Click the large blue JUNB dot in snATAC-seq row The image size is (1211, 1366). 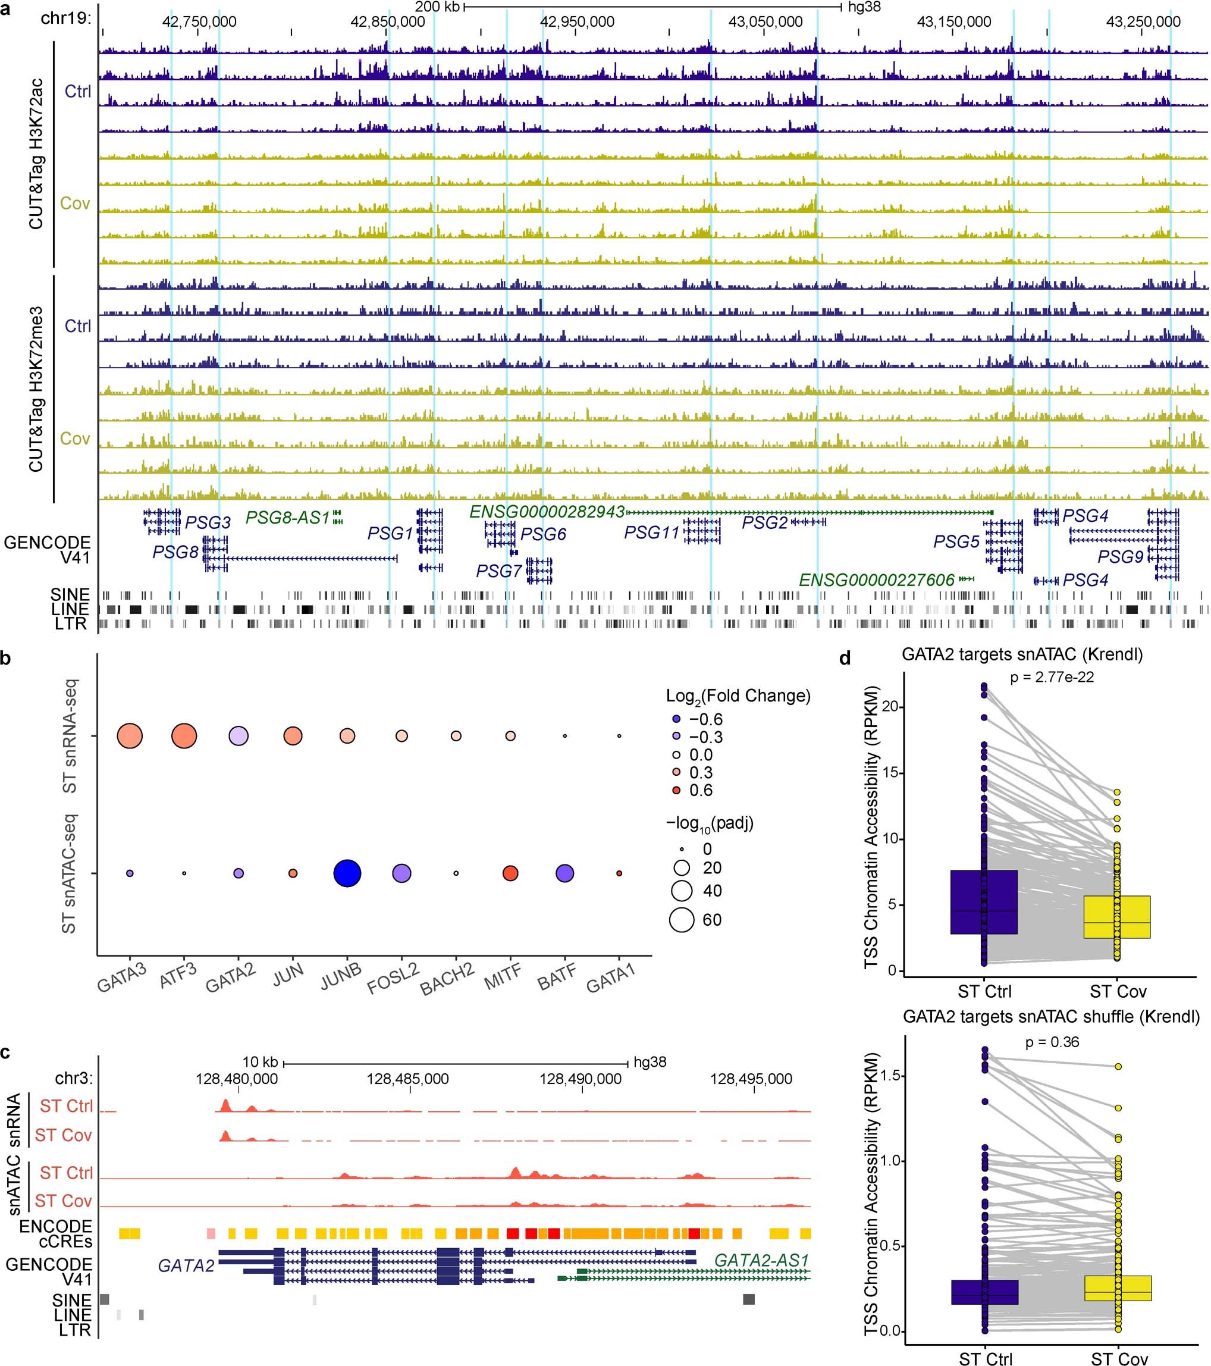(347, 873)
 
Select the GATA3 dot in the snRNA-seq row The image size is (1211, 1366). (130, 736)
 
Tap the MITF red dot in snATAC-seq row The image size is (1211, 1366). (510, 873)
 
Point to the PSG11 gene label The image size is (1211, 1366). (651, 532)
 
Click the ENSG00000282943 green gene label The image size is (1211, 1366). (547, 512)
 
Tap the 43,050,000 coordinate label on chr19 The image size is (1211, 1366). (765, 22)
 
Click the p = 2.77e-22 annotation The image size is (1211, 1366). (1052, 677)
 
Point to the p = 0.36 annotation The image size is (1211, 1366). (1052, 1042)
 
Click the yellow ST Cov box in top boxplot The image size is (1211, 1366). (1117, 917)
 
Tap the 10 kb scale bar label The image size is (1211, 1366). (260, 1062)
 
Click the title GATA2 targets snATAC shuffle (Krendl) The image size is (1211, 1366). (1052, 1017)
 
